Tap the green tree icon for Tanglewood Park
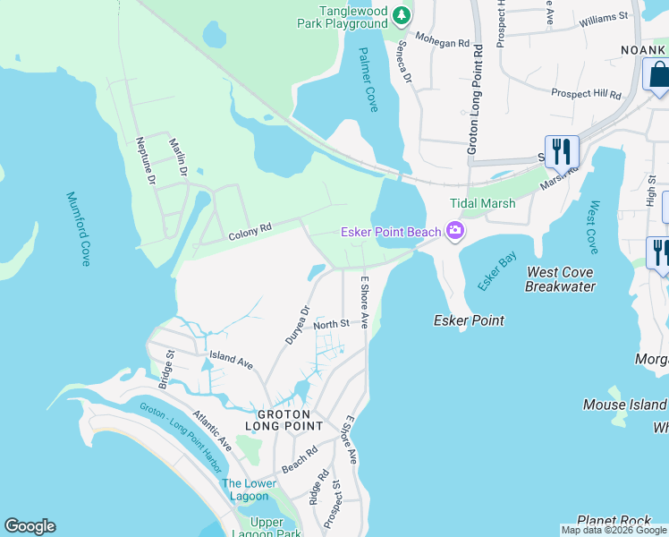coord(402,15)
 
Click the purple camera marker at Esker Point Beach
coord(455,232)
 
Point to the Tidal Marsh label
coord(482,203)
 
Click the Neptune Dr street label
coord(144,161)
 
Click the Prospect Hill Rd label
coord(586,93)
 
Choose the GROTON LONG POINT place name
coord(284,421)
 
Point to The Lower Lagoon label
coord(248,491)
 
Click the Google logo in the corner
coord(30,526)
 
